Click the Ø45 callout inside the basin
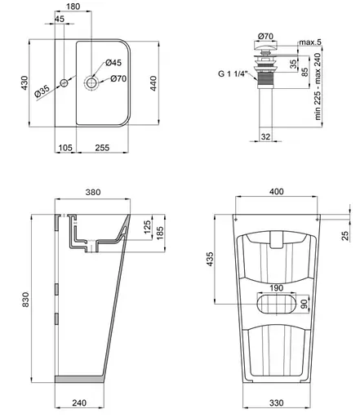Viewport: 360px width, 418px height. coord(114,63)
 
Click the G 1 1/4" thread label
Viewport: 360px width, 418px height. coord(233,75)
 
